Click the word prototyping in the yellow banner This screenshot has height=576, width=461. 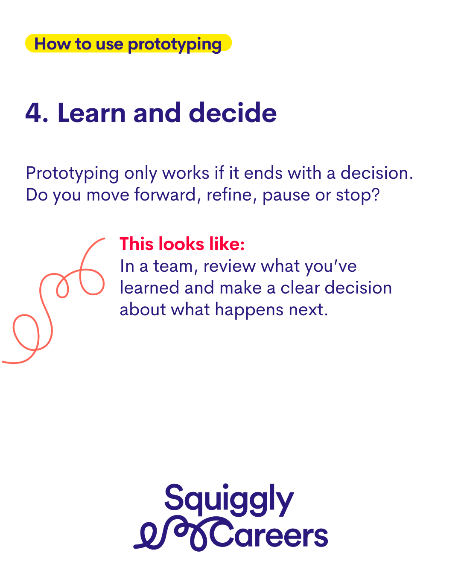tap(175, 45)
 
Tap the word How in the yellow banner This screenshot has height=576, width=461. tap(53, 44)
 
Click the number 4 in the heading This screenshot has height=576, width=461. tap(33, 113)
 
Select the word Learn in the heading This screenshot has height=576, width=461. tap(92, 113)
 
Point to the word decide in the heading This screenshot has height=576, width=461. tap(233, 113)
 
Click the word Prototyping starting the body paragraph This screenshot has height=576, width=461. tap(72, 174)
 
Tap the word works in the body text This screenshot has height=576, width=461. tap(186, 173)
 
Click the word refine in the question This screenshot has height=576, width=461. tap(230, 195)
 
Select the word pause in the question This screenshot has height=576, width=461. tap(286, 196)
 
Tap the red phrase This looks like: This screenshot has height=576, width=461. tap(182, 244)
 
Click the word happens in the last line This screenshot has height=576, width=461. tap(249, 311)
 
